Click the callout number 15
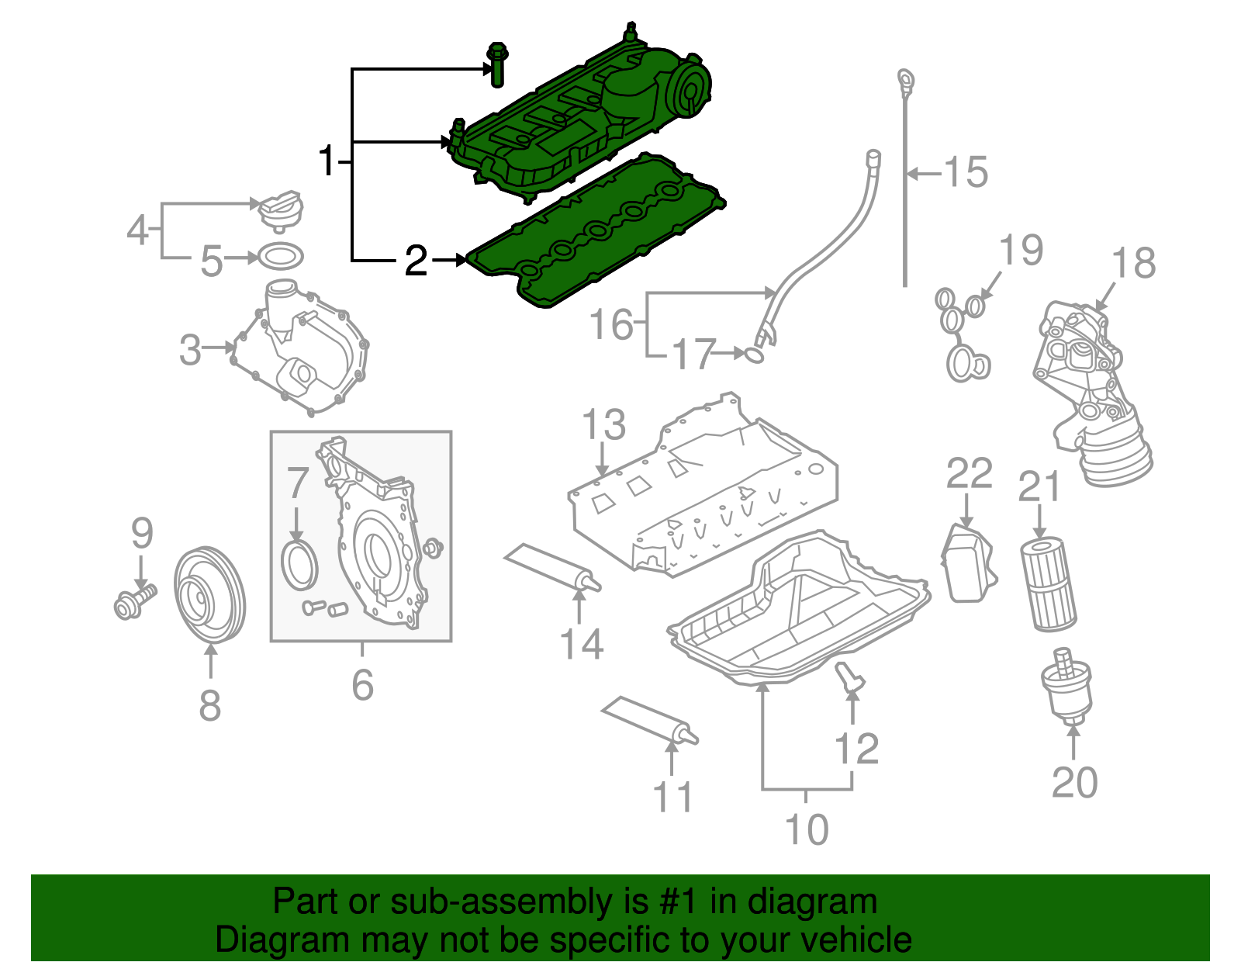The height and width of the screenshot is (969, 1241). click(966, 172)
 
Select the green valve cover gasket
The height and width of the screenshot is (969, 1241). click(597, 233)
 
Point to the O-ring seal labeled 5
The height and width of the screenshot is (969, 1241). click(279, 256)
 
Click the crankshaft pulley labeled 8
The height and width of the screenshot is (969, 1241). click(208, 596)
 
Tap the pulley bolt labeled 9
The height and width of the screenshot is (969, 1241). click(133, 602)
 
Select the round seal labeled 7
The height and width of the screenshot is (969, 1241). click(299, 565)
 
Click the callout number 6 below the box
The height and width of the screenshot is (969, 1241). click(362, 684)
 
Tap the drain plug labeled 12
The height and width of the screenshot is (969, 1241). click(849, 677)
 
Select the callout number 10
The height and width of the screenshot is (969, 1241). click(807, 829)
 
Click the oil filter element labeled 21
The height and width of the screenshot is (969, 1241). click(1048, 586)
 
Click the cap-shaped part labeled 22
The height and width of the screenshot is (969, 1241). click(967, 563)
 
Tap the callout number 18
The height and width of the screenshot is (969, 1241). click(1134, 263)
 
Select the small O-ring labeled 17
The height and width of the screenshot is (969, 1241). click(755, 355)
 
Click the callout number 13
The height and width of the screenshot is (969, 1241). click(603, 424)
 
